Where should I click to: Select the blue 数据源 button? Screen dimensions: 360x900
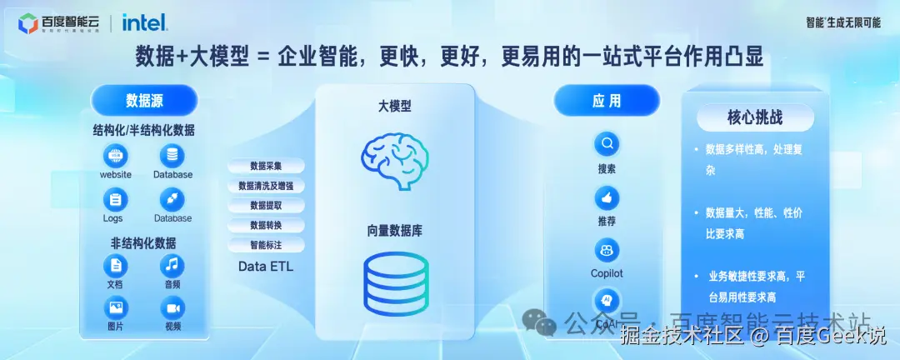144,101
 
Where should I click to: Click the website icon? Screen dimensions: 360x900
116,156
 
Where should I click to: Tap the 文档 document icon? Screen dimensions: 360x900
115,266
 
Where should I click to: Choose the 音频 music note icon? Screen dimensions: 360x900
172,266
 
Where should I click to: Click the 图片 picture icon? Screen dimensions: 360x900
115,308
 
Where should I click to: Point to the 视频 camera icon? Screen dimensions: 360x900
172,308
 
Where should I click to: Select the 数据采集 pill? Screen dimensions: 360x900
266,166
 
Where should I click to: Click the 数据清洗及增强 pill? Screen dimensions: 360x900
266,186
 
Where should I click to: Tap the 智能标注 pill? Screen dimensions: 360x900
266,246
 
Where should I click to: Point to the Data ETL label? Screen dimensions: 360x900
266,267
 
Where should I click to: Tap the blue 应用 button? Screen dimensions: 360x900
607,101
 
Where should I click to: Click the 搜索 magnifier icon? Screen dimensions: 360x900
607,144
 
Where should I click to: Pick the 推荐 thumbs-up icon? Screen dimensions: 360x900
607,198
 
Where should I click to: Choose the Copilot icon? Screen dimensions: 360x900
607,249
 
